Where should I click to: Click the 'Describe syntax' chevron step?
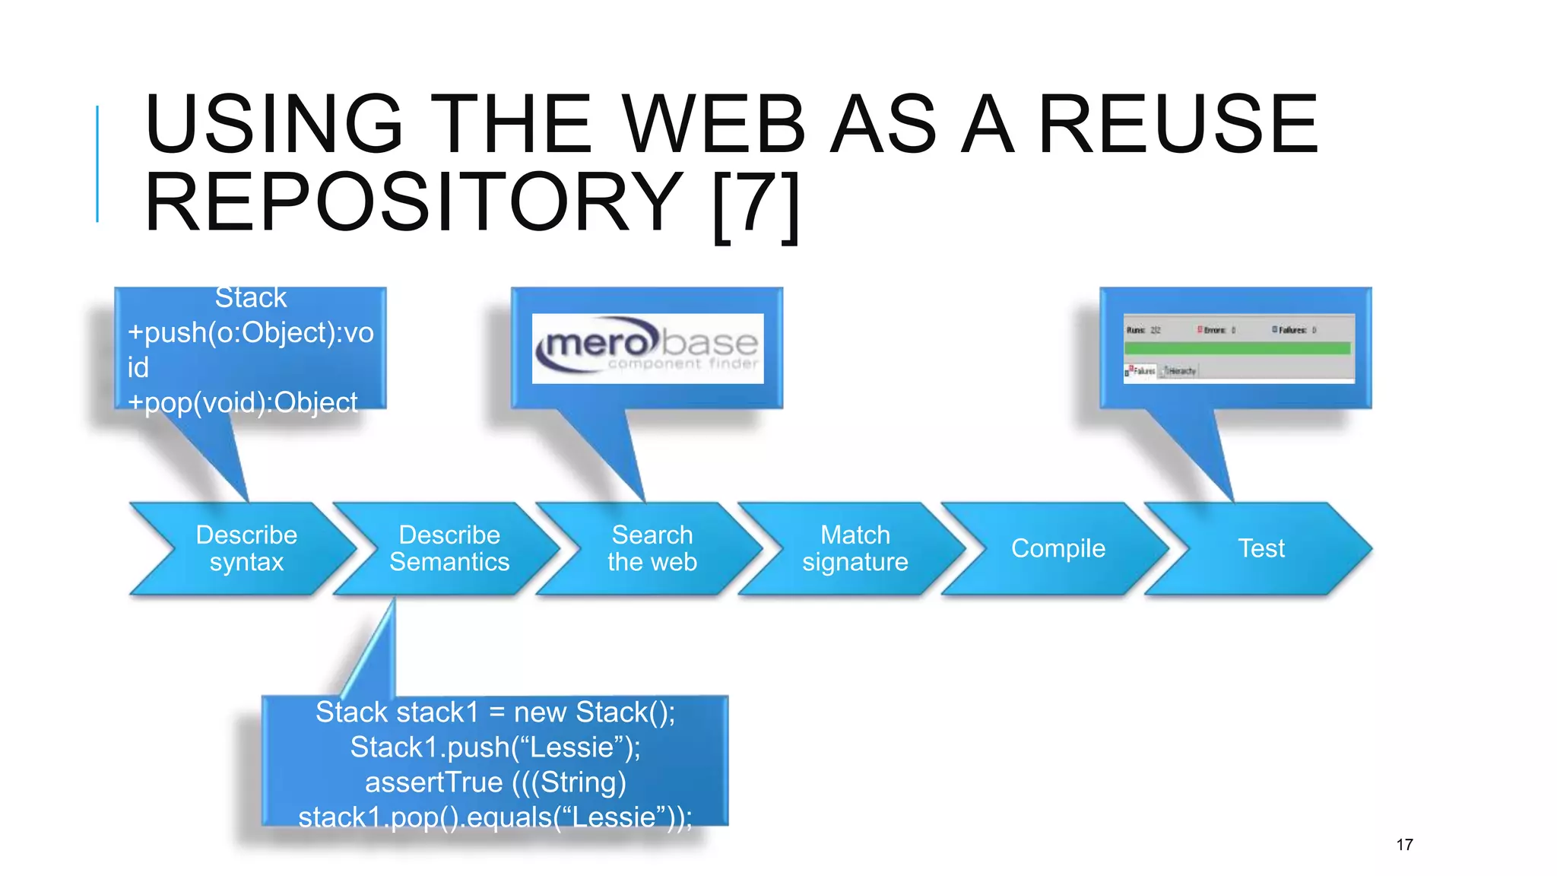[x=246, y=548]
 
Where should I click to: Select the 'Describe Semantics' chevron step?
[x=449, y=548]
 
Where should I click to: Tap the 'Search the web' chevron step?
[x=652, y=548]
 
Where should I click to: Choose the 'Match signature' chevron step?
[x=855, y=548]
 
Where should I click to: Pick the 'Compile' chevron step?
[x=1058, y=548]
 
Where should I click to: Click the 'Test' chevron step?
[x=1261, y=548]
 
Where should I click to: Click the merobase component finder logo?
[x=648, y=348]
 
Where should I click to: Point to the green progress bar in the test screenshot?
[x=1237, y=348]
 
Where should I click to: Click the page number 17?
[x=1404, y=845]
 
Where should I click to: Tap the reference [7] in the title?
[x=756, y=204]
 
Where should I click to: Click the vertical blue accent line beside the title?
[x=97, y=163]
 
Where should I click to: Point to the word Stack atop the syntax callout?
[x=250, y=298]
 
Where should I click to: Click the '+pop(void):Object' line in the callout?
[x=243, y=402]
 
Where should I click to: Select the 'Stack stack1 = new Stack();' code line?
[x=495, y=713]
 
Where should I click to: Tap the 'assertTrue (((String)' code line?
[x=495, y=782]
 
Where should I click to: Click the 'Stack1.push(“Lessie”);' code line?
[x=495, y=747]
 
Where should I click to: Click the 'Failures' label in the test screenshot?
[x=1292, y=330]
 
